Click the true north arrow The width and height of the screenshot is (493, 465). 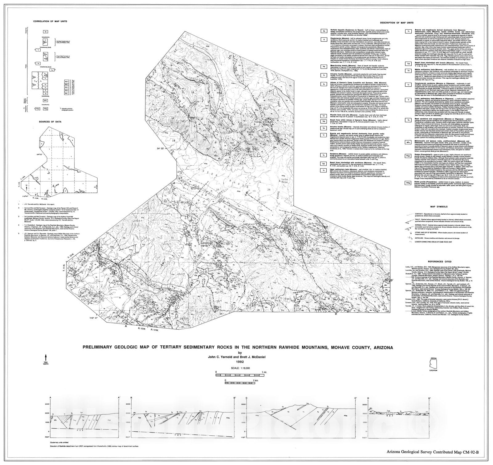pyautogui.click(x=46, y=357)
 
